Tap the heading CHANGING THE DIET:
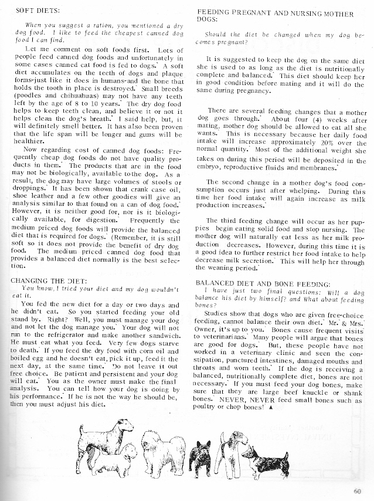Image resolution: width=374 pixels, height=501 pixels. [46, 280]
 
